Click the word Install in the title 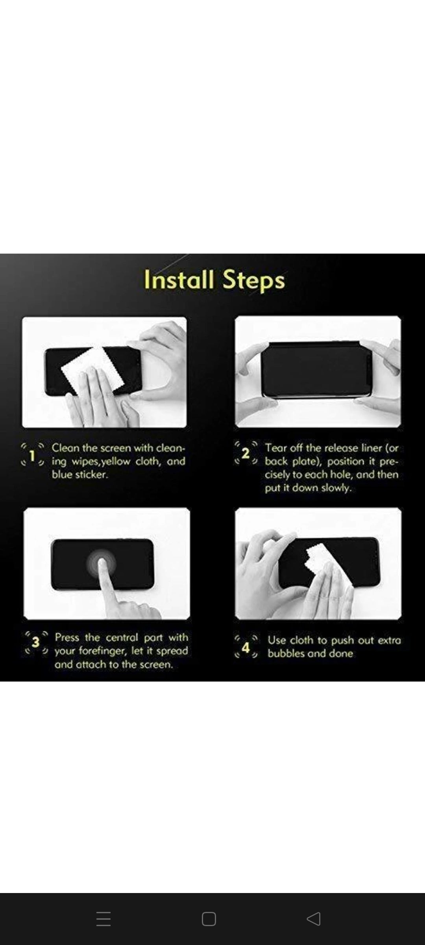click(179, 280)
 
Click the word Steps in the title click(253, 281)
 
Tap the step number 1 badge click(32, 456)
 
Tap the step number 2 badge click(246, 453)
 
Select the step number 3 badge click(36, 642)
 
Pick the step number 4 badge click(246, 647)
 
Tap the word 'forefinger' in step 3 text click(103, 651)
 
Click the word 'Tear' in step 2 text click(275, 448)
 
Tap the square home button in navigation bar click(209, 919)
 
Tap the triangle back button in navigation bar click(314, 919)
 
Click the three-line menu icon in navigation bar click(103, 919)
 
